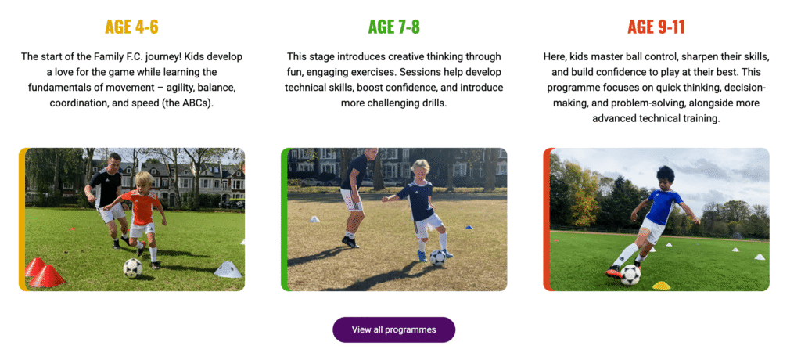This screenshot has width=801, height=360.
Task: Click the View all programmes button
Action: [x=393, y=329]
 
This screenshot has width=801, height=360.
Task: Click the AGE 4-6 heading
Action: [x=131, y=27]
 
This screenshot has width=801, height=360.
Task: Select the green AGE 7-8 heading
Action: [x=393, y=27]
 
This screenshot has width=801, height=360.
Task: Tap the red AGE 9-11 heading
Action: [x=656, y=27]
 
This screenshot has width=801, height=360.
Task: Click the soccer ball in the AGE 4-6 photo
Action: [x=133, y=268]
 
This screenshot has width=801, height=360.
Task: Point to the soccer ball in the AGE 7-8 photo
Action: [x=438, y=257]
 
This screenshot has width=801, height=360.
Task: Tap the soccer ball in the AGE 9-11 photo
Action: [x=630, y=274]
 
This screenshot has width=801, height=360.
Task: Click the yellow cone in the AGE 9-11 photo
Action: [x=661, y=285]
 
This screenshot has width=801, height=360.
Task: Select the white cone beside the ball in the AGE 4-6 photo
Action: [x=228, y=269]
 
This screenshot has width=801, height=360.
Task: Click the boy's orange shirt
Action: [x=144, y=210]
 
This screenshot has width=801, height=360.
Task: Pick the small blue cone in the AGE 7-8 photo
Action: [x=469, y=228]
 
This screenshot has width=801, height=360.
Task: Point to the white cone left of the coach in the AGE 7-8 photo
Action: [x=314, y=220]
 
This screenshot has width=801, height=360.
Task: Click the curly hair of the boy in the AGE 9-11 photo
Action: [x=665, y=173]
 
